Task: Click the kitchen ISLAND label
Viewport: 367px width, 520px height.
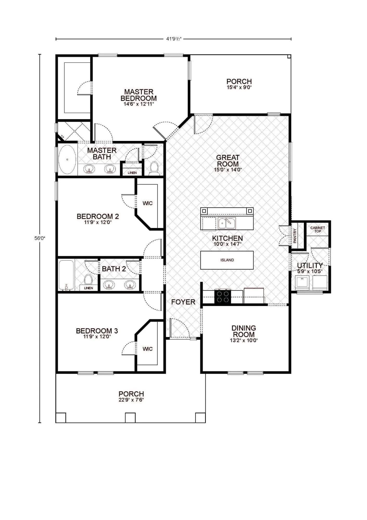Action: (227, 260)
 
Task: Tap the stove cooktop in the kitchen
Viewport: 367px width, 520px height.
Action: (223, 297)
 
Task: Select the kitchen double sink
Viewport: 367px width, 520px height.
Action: (227, 223)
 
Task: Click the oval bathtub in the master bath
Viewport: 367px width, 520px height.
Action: (67, 159)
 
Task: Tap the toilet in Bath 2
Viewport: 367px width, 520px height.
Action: (88, 279)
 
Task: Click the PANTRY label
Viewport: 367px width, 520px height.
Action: (295, 236)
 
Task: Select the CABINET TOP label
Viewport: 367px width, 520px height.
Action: (318, 229)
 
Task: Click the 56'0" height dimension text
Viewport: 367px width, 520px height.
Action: (40, 238)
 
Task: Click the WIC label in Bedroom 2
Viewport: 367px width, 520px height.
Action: (148, 203)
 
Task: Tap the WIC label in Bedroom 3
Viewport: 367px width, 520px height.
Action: (148, 349)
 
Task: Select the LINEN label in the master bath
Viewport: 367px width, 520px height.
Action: (132, 173)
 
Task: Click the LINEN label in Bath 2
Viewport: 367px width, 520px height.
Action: (88, 288)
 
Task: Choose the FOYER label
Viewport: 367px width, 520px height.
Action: (183, 302)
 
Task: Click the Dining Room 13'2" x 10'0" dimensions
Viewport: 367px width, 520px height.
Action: (244, 340)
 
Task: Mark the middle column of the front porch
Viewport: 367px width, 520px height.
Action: (130, 418)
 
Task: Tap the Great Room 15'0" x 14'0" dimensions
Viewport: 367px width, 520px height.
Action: (228, 170)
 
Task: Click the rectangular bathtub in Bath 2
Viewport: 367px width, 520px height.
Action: (66, 275)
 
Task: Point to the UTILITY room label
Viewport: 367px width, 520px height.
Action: (310, 265)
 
